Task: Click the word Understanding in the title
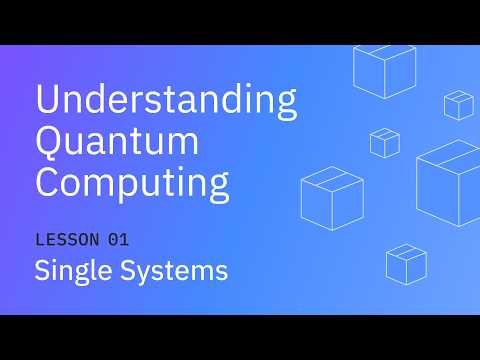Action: click(166, 102)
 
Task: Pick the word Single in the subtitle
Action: click(73, 271)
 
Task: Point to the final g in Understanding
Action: click(285, 106)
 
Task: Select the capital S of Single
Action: click(43, 270)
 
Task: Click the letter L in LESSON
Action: click(40, 240)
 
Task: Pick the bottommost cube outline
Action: click(406, 263)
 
